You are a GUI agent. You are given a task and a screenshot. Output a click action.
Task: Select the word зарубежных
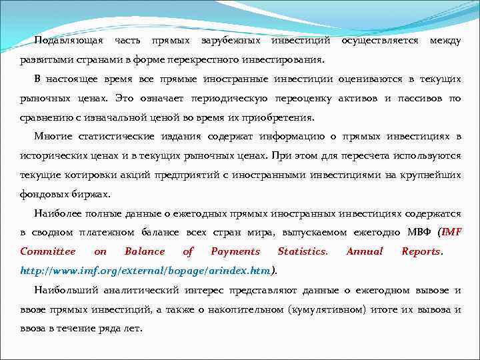click(231, 41)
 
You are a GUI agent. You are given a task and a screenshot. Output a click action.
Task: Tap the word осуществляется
click(379, 41)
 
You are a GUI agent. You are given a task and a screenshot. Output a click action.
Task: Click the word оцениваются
click(370, 79)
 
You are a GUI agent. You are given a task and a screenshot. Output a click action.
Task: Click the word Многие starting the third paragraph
click(51, 137)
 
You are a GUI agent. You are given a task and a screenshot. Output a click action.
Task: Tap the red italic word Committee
click(47, 252)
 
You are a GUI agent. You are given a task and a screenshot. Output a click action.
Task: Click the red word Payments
click(235, 252)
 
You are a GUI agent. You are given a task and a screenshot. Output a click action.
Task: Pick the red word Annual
click(365, 252)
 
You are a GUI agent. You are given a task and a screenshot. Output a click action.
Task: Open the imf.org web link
click(146, 271)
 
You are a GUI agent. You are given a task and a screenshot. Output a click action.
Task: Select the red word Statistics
click(303, 252)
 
